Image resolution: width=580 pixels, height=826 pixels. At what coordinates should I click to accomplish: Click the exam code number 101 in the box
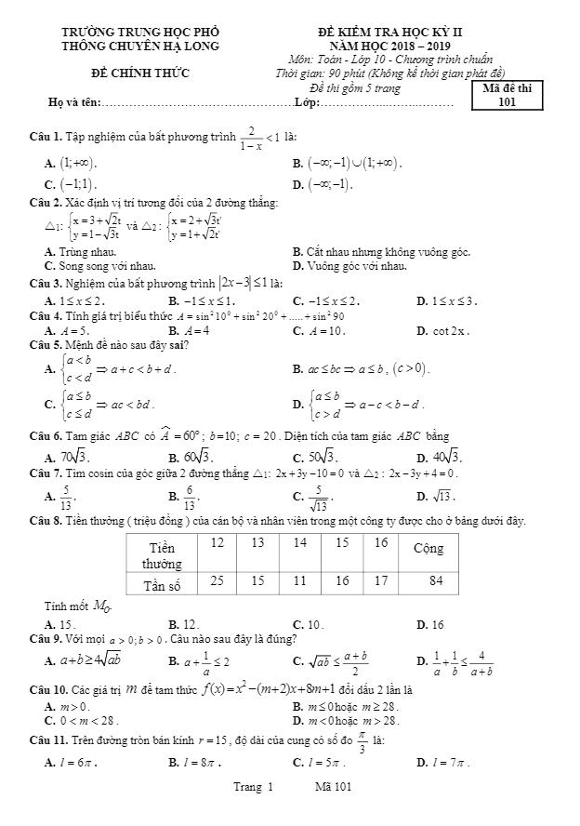pyautogui.click(x=506, y=102)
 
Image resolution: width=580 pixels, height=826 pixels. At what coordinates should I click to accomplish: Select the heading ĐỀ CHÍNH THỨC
pyautogui.click(x=139, y=72)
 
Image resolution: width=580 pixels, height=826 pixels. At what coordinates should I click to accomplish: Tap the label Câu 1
pyautogui.click(x=46, y=138)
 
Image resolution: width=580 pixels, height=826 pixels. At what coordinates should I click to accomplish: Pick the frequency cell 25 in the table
pyautogui.click(x=217, y=580)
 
